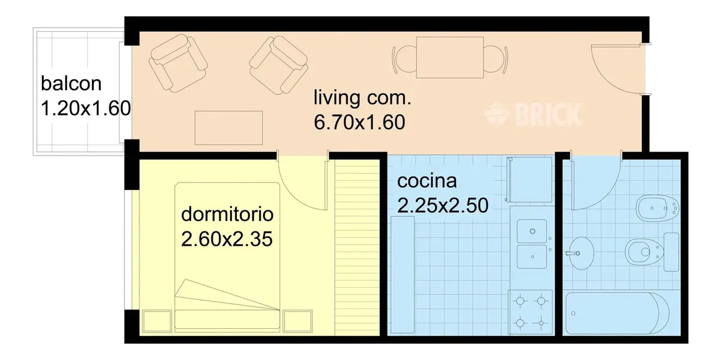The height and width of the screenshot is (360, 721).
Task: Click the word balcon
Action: [x=71, y=84]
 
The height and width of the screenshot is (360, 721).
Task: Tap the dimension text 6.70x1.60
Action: [x=359, y=123]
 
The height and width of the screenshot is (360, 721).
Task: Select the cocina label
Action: [x=427, y=181]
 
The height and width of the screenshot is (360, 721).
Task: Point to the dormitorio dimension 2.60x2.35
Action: [x=227, y=239]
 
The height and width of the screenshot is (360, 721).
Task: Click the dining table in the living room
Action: [x=450, y=57]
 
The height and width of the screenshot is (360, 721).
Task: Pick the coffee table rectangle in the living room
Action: [x=228, y=128]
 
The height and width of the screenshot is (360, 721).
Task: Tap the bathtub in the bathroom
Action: [x=618, y=313]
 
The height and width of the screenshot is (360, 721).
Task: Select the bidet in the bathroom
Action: [x=658, y=208]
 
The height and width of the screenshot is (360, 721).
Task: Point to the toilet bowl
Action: [x=644, y=252]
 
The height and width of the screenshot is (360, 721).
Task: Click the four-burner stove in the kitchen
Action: [x=531, y=312]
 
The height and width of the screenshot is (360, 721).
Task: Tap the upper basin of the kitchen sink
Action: [x=532, y=231]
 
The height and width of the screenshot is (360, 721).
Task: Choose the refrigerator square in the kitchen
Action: [x=529, y=179]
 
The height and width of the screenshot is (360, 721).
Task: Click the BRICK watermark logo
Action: [x=533, y=114]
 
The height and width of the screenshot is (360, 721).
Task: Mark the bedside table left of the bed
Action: [x=157, y=321]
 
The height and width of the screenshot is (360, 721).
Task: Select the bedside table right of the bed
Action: [x=298, y=321]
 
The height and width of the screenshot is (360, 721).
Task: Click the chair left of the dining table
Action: [x=404, y=59]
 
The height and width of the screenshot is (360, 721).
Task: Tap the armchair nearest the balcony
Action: [x=178, y=63]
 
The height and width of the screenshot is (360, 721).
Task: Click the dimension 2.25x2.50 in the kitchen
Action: [x=443, y=206]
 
